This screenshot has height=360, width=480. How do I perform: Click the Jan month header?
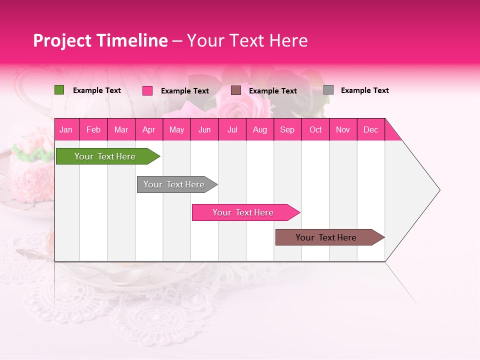point(66,129)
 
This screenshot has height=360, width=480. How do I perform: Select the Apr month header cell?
point(149,129)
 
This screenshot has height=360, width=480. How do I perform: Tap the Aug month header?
point(260,129)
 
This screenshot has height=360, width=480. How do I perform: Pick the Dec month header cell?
point(371,129)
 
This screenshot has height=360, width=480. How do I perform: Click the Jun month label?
point(204,129)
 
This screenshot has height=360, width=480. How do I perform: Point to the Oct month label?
point(315,129)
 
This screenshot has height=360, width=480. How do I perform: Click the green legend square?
point(59,90)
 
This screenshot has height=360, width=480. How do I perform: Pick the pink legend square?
point(147,90)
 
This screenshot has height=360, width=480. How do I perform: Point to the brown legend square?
point(236,90)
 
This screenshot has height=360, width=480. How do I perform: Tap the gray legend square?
point(328,90)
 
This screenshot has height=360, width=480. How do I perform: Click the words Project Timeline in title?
point(100,40)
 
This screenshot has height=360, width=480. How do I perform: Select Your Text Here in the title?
point(247,40)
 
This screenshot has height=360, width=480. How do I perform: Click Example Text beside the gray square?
point(364,90)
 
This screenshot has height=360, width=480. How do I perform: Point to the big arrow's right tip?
point(438,190)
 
